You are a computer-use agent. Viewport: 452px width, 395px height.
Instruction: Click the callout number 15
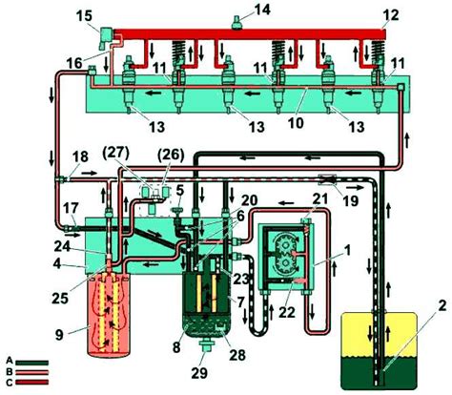coord(84,16)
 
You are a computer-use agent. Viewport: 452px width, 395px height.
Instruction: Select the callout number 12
coord(390,14)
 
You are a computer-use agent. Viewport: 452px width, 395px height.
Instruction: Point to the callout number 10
coord(296,123)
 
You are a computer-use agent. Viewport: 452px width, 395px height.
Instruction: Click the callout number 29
coord(200,373)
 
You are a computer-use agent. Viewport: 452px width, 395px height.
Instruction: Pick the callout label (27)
coord(116,154)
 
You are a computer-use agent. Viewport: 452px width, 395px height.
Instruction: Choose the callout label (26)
coord(172,155)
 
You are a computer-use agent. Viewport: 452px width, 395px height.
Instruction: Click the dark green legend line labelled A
coord(32,363)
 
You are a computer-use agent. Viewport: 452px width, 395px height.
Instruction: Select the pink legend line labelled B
coord(32,372)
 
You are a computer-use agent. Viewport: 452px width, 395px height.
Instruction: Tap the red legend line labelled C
coord(32,382)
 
